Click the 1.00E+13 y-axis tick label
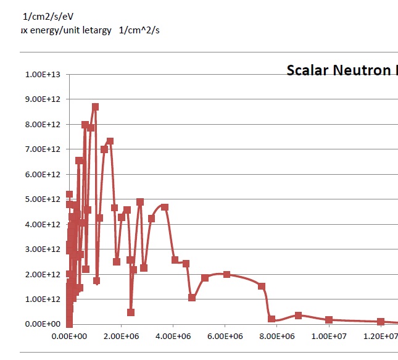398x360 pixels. click(43, 75)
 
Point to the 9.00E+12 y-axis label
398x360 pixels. click(43, 99)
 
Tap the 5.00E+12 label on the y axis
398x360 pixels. click(43, 199)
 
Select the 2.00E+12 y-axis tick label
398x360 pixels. click(43, 274)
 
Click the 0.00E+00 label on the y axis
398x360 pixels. click(43, 324)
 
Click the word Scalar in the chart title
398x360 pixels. click(307, 70)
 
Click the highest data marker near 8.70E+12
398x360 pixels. click(95, 107)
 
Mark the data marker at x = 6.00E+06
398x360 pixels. click(226, 274)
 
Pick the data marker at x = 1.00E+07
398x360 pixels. click(329, 320)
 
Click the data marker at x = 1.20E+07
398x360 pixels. click(381, 322)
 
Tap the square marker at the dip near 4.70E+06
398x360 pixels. click(192, 298)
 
